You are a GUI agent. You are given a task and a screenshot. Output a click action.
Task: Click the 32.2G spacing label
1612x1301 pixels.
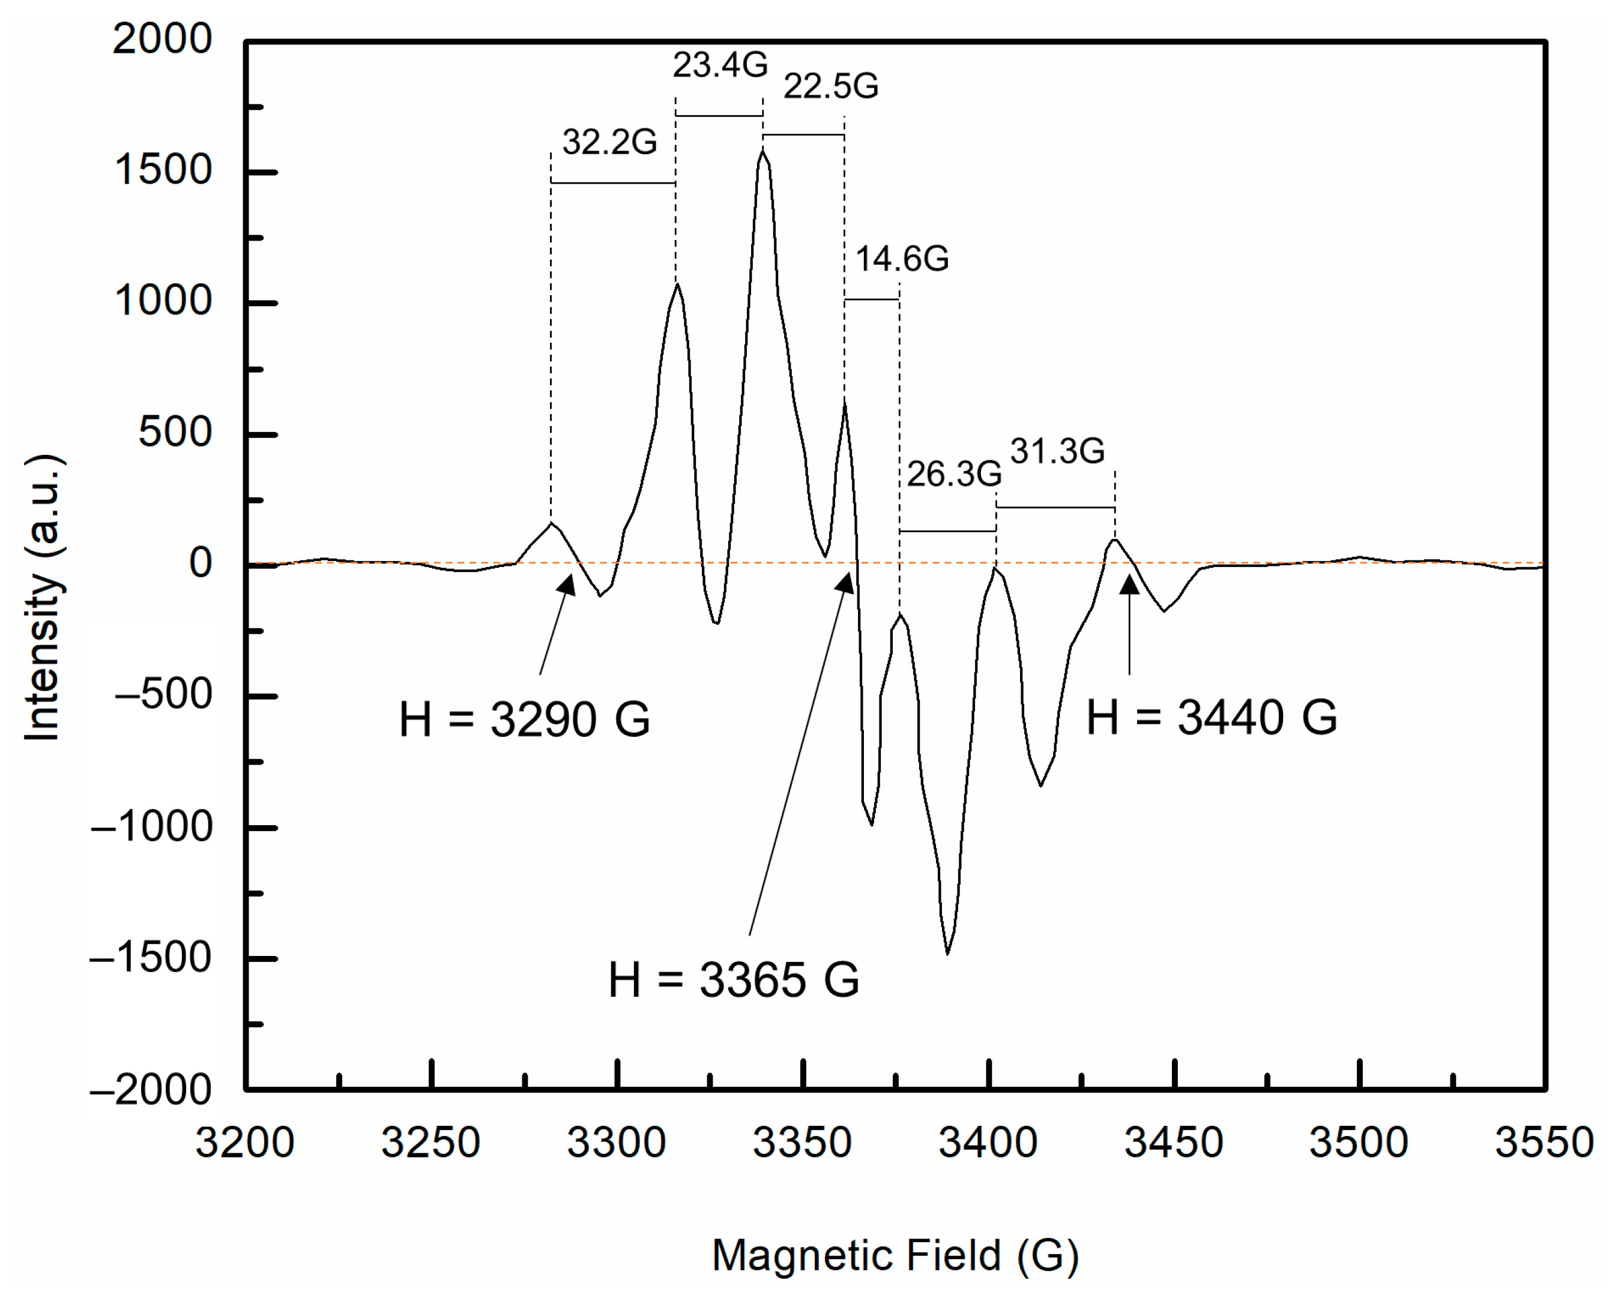(609, 142)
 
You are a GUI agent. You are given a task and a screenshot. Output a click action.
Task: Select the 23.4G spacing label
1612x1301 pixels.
(719, 65)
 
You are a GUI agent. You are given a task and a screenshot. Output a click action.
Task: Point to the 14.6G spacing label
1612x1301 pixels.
(901, 259)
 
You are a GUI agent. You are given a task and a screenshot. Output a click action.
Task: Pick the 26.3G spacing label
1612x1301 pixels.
(954, 473)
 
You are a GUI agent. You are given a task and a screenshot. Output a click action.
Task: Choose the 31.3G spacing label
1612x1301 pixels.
(1057, 451)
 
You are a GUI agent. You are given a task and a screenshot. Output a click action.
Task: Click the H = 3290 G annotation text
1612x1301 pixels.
(524, 720)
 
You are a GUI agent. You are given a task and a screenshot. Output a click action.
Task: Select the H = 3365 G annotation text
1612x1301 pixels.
(733, 979)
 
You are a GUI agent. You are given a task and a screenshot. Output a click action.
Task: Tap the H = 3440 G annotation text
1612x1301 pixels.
(1211, 717)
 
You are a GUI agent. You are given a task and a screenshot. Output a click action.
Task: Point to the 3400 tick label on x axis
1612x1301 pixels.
(988, 1143)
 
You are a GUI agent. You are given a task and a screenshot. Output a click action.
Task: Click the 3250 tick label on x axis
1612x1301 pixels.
(430, 1143)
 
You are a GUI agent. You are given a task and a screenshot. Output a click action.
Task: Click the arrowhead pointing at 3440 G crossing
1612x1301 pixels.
(1129, 585)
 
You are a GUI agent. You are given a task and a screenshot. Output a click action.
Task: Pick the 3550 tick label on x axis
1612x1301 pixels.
(1544, 1143)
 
